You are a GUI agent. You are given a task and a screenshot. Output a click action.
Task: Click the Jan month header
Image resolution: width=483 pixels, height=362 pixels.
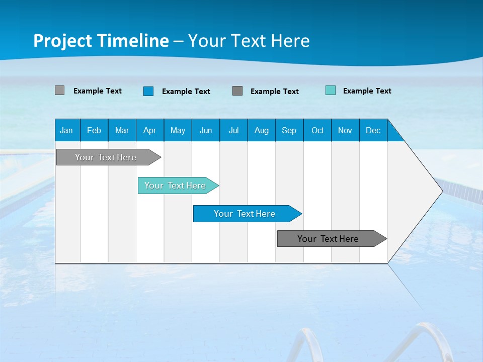66,130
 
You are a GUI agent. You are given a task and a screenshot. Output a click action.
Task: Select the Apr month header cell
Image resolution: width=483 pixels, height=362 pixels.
149,130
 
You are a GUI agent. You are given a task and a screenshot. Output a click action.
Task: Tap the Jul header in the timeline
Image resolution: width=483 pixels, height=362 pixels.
233,130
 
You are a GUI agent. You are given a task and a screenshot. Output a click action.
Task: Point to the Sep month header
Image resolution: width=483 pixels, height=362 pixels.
289,130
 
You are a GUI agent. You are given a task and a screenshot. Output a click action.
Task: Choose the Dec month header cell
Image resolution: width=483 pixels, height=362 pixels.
373,130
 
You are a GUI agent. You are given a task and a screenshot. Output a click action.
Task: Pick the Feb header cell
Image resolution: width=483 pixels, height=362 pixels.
94,130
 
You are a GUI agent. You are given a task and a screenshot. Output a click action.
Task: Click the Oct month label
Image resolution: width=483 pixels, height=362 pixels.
317,130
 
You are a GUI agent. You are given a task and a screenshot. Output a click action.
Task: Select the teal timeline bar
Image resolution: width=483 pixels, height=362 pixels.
176,186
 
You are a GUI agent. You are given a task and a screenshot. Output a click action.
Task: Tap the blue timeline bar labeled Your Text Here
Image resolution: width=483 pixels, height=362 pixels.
246,214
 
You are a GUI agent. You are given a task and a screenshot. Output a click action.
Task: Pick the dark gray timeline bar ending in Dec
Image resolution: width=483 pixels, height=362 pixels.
330,239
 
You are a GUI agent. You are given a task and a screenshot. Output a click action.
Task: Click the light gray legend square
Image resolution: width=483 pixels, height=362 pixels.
59,90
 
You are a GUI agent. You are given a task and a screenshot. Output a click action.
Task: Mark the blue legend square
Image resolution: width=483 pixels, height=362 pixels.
148,91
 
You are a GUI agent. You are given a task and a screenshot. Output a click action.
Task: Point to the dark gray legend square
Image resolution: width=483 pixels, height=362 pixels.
237,90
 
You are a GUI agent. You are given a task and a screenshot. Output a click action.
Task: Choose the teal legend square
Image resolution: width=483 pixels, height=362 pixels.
331,90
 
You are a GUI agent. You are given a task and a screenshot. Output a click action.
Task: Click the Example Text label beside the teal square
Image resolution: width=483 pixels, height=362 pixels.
367,91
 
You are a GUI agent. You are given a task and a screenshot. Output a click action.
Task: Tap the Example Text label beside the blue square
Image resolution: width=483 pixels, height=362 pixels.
186,92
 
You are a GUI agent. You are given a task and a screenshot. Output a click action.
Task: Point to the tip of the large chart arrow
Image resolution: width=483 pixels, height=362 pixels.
441,191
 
